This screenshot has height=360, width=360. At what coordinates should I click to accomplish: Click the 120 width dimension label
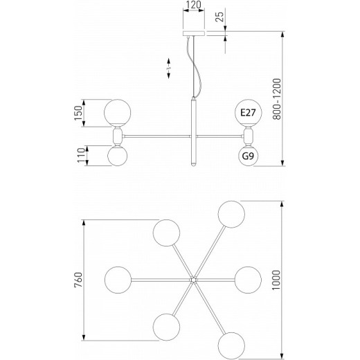pyautogui.click(x=193, y=5)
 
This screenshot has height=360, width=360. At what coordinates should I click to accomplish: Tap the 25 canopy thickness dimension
pyautogui.click(x=219, y=16)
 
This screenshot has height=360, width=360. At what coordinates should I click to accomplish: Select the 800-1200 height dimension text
pyautogui.click(x=277, y=99)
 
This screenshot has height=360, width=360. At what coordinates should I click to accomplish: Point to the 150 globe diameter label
pyautogui.click(x=78, y=113)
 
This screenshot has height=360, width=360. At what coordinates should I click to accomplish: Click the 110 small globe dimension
pyautogui.click(x=81, y=155)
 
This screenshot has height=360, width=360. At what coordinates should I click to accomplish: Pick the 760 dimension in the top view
pyautogui.click(x=78, y=280)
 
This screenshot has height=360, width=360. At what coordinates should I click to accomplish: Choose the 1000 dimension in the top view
pyautogui.click(x=276, y=280)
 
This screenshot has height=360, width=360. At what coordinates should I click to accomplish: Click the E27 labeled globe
pyautogui.click(x=249, y=113)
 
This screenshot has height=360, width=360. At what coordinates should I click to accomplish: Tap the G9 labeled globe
pyautogui.click(x=248, y=156)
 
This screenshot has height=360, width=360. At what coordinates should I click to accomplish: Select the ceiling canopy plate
pyautogui.click(x=194, y=33)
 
